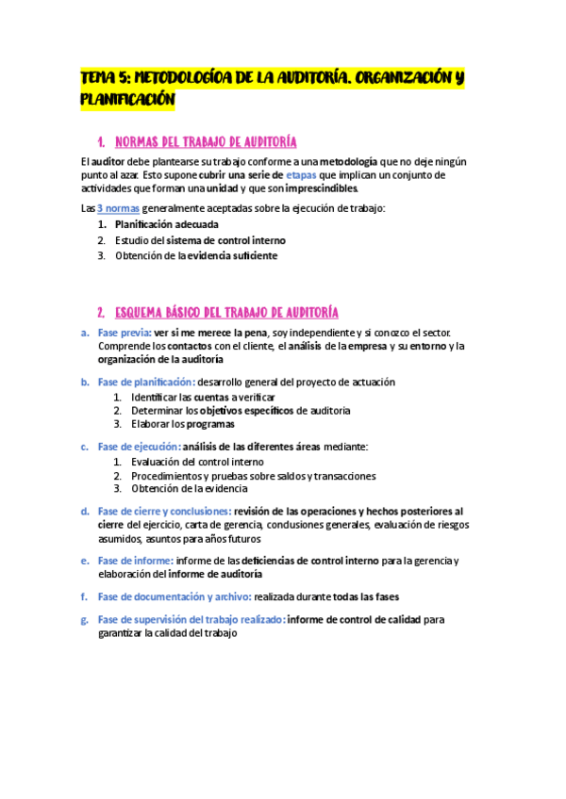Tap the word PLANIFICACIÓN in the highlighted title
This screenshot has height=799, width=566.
tap(127, 98)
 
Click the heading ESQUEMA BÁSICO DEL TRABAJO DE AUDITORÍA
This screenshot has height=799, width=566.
tap(226, 313)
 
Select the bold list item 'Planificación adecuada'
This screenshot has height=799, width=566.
tap(167, 225)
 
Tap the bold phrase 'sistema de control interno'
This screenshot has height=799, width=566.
tap(232, 240)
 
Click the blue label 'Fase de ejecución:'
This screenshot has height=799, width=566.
tap(138, 447)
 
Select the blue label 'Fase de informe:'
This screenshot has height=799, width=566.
tap(133, 561)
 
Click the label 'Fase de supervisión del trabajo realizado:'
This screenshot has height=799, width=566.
tap(191, 620)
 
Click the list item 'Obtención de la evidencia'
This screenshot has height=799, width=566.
tap(190, 488)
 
